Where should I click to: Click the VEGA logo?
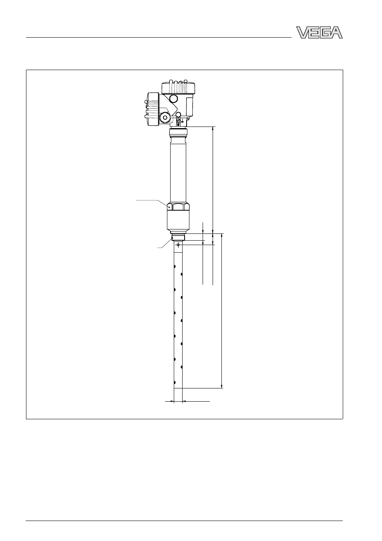click(x=319, y=32)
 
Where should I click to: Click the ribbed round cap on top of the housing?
click(x=178, y=87)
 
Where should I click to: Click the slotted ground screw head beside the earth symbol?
click(x=178, y=120)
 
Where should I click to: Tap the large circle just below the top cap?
click(x=173, y=98)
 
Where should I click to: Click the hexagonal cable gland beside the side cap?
click(x=165, y=118)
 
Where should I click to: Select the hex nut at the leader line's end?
click(x=178, y=207)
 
